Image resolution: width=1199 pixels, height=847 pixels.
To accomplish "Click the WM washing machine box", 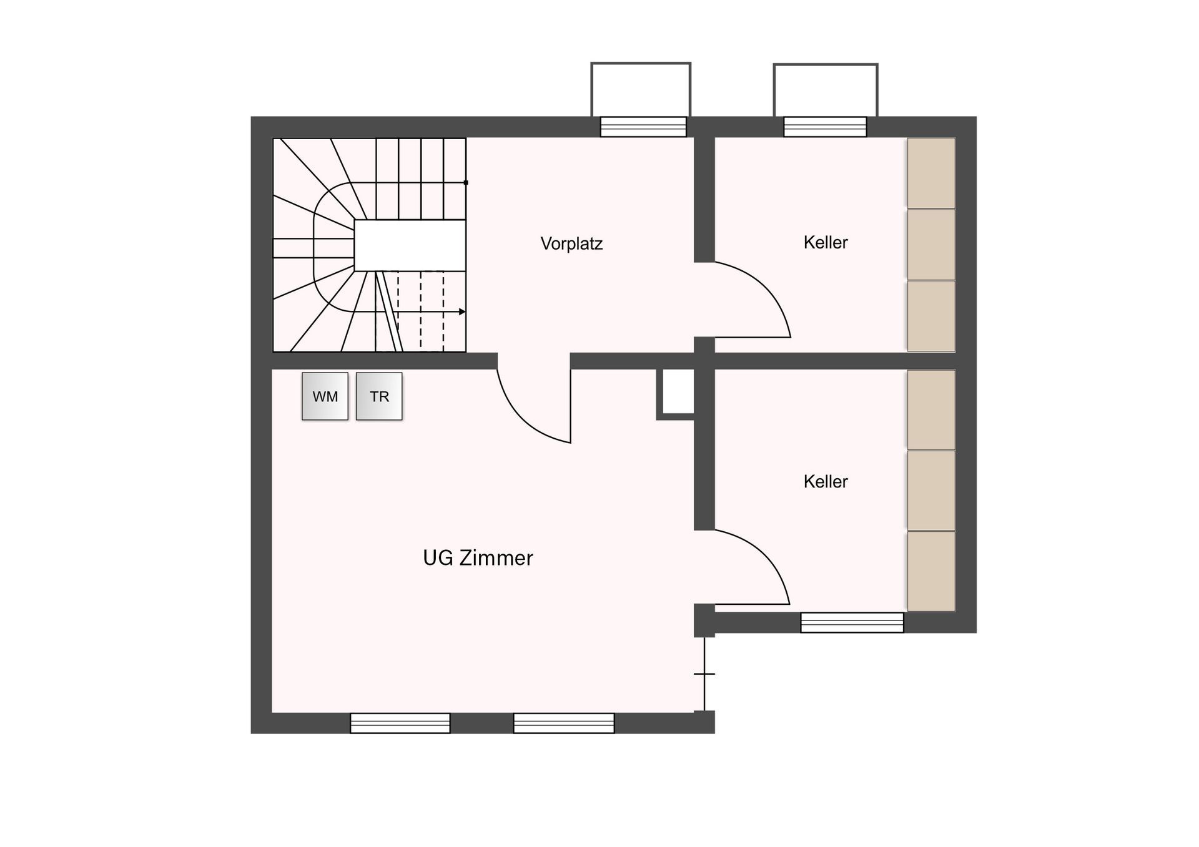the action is (x=325, y=396).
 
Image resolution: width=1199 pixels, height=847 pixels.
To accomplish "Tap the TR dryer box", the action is (x=379, y=396).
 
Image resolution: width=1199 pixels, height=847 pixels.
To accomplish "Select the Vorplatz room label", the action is (x=571, y=243).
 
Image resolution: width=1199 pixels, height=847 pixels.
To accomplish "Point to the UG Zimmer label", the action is (x=478, y=557).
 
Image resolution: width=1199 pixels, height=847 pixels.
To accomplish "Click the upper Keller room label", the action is (x=826, y=242).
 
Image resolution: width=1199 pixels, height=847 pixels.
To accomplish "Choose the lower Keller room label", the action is (x=826, y=481).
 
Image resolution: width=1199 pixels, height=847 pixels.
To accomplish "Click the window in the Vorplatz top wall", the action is (x=643, y=127).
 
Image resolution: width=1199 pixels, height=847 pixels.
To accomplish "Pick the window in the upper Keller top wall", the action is (x=825, y=127).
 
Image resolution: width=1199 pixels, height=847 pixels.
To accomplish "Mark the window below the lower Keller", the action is (x=852, y=622).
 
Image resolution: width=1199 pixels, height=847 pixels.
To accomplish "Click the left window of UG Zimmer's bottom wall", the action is (x=400, y=723).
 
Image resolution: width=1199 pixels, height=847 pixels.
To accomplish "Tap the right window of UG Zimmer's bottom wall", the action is (x=564, y=723).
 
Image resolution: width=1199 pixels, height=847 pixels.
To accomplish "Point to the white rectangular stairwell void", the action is (x=410, y=245).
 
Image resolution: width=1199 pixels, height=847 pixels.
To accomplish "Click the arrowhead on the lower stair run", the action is (x=462, y=311).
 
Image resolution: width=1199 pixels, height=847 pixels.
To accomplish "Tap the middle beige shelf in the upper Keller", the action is (x=931, y=245).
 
